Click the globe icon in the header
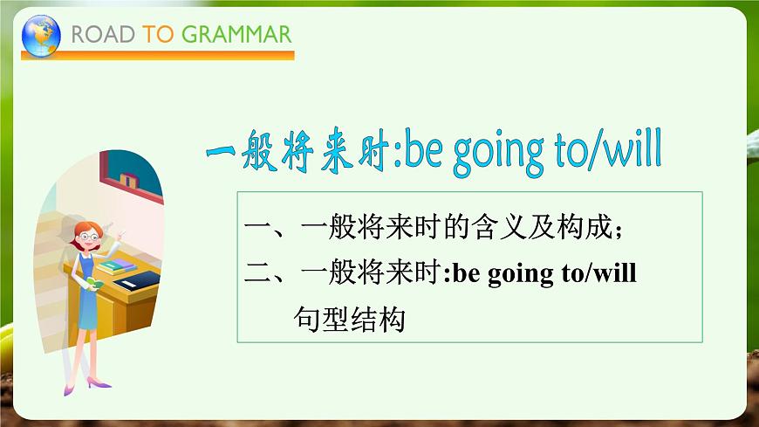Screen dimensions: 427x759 pos(41,36)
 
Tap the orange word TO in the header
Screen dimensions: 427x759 pos(158,35)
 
